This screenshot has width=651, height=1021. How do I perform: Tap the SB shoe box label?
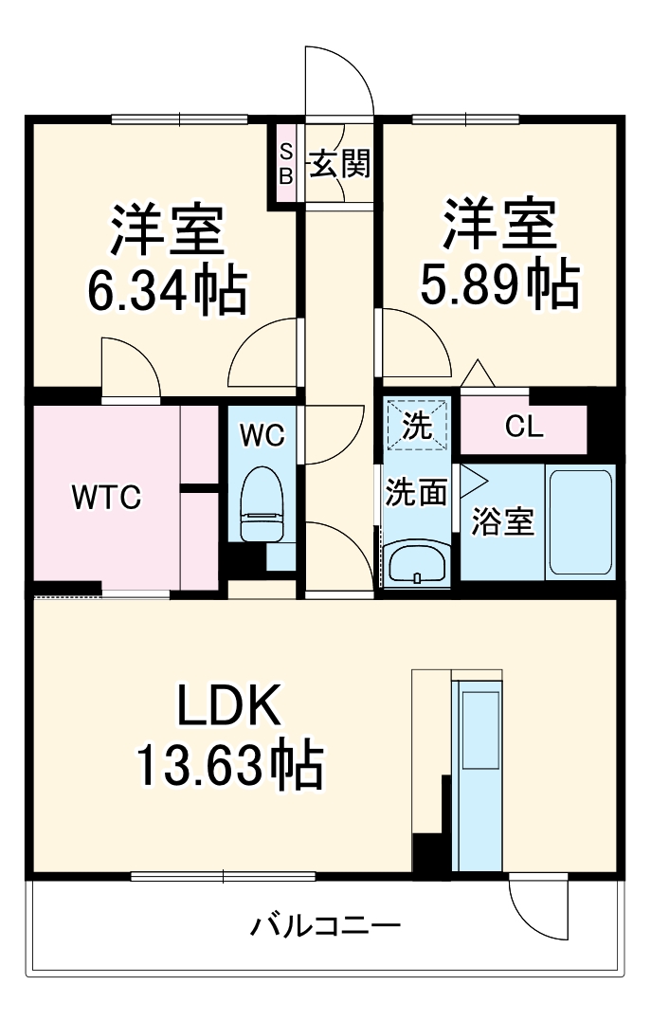pyautogui.click(x=285, y=163)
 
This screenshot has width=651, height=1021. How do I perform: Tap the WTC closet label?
pyautogui.click(x=108, y=496)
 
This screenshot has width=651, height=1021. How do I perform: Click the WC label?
pyautogui.click(x=262, y=435)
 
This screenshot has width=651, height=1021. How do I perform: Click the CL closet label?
pyautogui.click(x=524, y=428)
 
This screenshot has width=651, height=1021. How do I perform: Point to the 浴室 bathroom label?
pyautogui.click(x=504, y=521)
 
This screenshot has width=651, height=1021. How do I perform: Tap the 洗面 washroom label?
pyautogui.click(x=416, y=493)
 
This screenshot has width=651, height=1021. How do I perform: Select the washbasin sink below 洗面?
pyautogui.click(x=417, y=565)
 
